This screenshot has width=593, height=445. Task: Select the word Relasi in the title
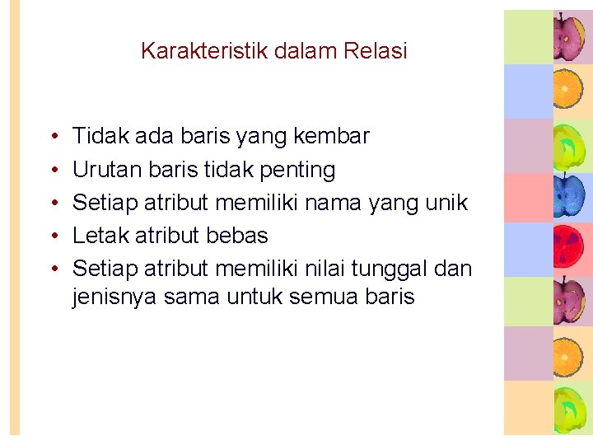click(x=376, y=51)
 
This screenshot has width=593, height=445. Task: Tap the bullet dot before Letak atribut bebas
click(x=52, y=237)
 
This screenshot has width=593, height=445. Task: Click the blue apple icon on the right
click(x=567, y=196)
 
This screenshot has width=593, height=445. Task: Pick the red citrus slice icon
click(x=567, y=250)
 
